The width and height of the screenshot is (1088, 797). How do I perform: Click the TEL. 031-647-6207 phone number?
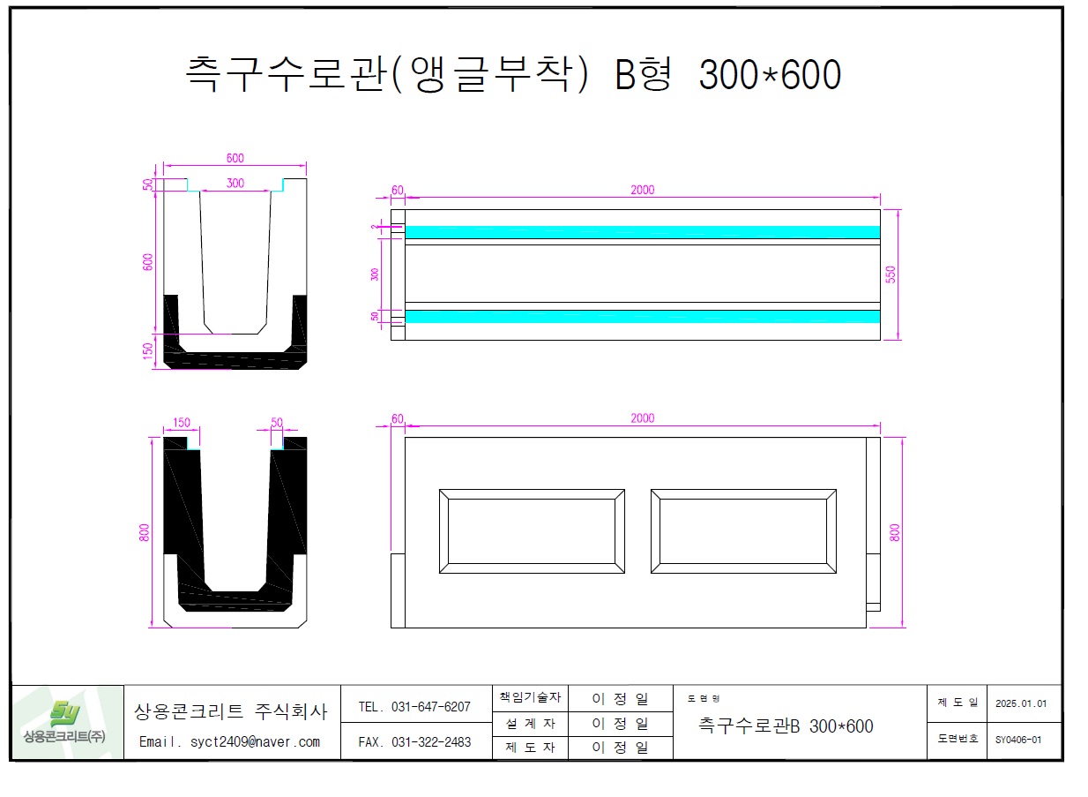414,707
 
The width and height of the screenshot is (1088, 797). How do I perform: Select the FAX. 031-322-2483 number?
414,742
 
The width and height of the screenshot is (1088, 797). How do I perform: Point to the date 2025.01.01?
1020,703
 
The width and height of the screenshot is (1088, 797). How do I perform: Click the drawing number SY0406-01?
1018,740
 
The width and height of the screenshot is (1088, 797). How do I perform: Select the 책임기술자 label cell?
529,697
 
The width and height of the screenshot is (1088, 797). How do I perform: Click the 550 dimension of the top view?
891,274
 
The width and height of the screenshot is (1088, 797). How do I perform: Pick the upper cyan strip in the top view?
642,232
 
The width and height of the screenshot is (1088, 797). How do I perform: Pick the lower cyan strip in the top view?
642,316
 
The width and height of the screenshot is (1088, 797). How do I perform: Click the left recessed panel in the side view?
532,531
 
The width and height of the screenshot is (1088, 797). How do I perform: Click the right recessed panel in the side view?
743,531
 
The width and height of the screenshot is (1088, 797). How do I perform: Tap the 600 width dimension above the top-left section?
235,158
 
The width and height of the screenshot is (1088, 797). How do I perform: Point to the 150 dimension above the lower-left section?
182,423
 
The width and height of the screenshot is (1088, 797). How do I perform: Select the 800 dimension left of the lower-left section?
145,532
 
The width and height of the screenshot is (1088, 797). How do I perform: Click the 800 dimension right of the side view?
895,532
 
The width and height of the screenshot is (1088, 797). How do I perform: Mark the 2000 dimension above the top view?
643,190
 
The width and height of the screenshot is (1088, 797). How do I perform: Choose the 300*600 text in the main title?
769,76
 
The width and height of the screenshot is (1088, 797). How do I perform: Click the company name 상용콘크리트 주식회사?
230,711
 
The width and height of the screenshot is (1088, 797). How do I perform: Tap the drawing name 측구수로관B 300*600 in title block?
786,726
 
